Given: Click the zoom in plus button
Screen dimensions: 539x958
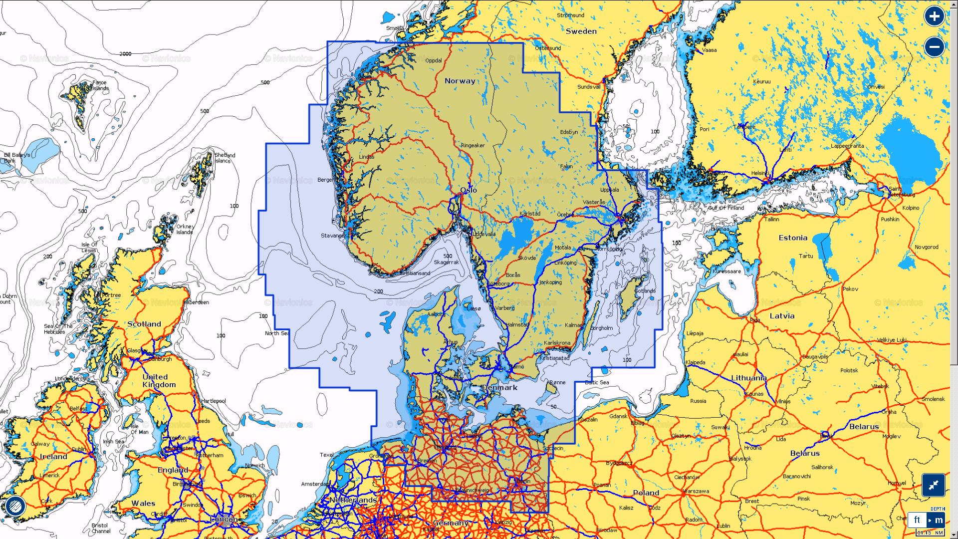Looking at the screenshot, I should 934,16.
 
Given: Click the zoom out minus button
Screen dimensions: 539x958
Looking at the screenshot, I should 934,47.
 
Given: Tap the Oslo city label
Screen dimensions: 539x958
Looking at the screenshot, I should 469,190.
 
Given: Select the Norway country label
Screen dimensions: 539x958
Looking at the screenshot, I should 460,81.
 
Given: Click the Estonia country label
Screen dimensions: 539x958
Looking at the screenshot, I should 793,238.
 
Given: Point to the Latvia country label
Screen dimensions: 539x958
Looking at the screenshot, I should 782,316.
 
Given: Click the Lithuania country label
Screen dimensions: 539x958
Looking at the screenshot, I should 748,378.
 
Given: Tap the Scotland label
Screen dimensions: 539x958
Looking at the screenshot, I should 144,324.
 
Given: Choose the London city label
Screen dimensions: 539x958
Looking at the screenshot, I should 224,520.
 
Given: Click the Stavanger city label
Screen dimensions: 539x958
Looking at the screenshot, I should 333,236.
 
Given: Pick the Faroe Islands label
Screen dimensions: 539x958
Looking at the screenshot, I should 100,85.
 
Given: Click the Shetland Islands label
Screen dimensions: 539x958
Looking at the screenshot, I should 225,158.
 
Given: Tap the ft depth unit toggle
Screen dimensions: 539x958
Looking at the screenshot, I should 917,520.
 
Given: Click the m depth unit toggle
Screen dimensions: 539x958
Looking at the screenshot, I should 939,520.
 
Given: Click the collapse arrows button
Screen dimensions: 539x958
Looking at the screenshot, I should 933,485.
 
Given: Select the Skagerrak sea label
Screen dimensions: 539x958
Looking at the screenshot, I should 446,262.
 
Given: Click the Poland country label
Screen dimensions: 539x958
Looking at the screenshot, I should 646,493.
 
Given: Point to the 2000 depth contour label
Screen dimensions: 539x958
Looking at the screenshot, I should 125,54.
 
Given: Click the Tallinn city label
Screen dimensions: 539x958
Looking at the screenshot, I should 771,219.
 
